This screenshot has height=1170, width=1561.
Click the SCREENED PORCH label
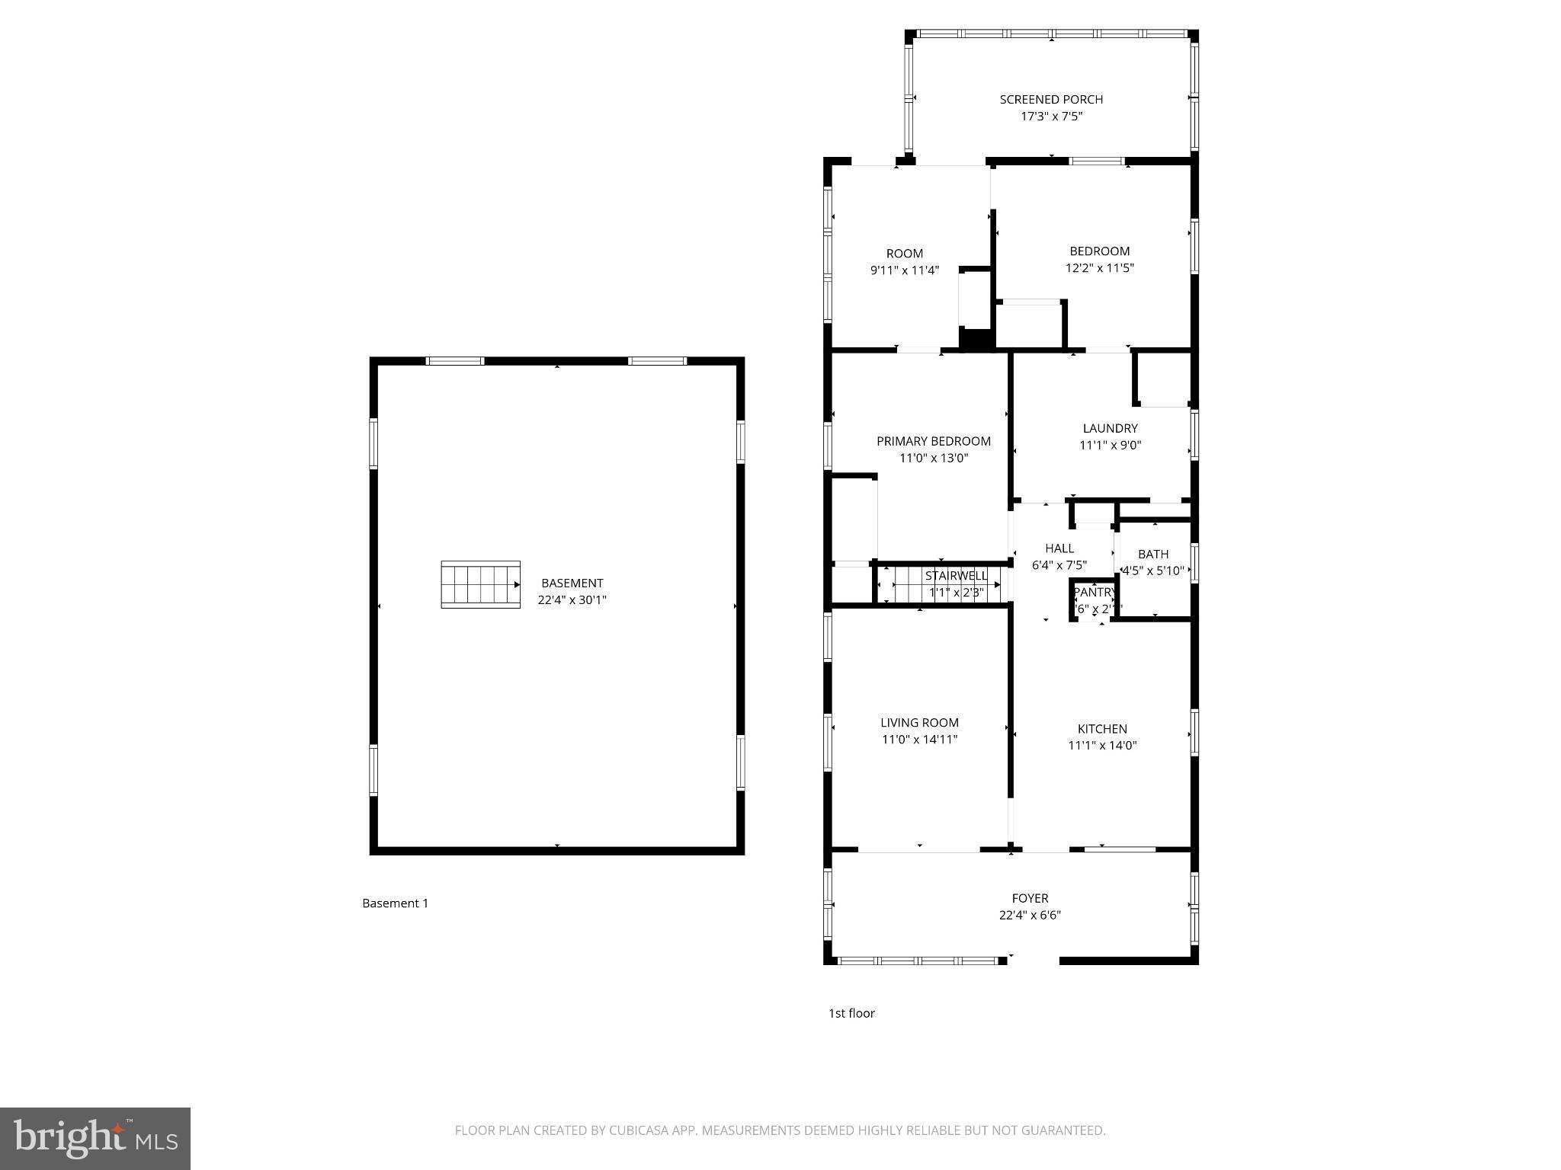click(1051, 100)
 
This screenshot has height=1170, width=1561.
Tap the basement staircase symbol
click(480, 585)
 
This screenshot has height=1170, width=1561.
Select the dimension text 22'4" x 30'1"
click(572, 600)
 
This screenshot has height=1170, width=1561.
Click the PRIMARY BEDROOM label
click(933, 441)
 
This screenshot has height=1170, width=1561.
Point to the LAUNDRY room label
click(1110, 428)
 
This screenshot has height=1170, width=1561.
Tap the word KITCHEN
click(1102, 729)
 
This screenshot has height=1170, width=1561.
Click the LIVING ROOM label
click(919, 723)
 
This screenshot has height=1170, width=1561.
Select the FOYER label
click(1030, 899)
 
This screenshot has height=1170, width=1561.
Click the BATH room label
click(1152, 555)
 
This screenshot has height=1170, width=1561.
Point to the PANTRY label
click(1095, 593)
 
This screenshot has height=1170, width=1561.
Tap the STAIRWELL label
click(956, 576)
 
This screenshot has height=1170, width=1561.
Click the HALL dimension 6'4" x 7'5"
click(1059, 565)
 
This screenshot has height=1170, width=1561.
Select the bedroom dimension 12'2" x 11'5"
click(1099, 268)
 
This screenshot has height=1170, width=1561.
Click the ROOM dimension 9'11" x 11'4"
click(904, 270)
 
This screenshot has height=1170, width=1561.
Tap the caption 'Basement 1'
click(395, 903)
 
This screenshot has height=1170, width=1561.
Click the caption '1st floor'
click(851, 1013)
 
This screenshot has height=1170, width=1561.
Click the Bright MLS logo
click(95, 1139)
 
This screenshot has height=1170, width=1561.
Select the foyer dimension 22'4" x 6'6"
click(1030, 916)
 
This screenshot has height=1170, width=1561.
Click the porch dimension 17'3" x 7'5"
click(1051, 117)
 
